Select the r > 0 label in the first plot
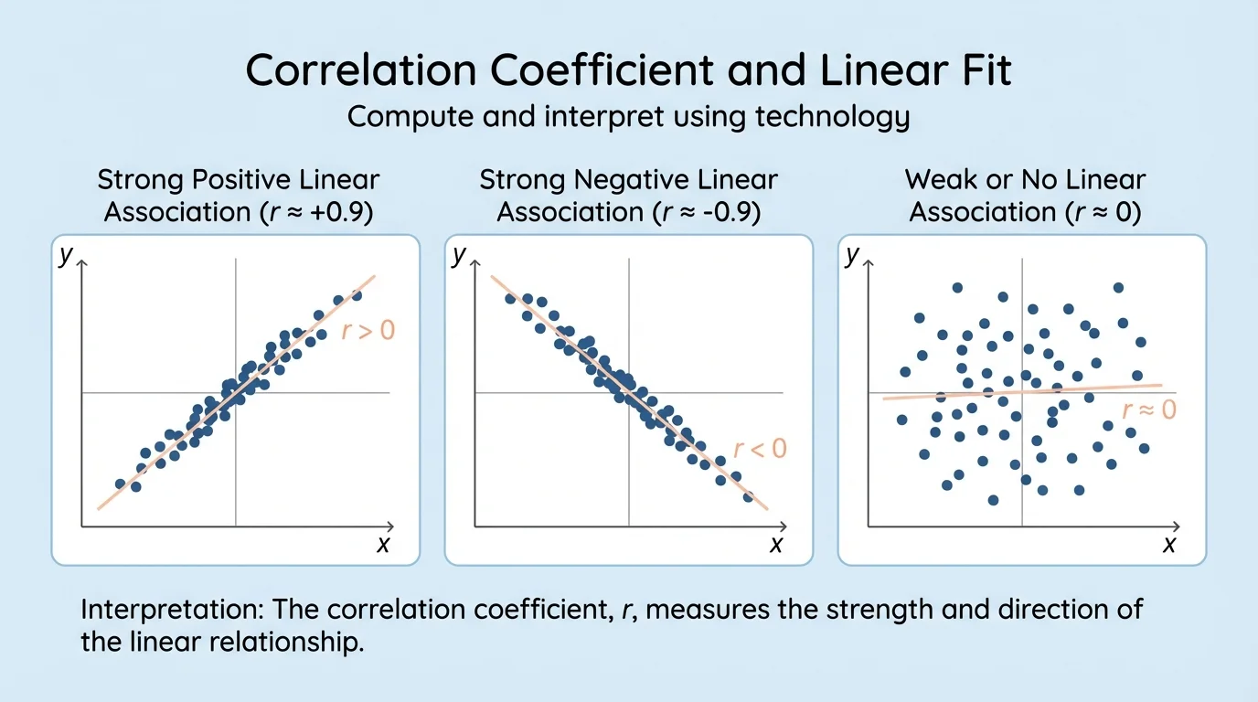[368, 330]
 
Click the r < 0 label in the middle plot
[761, 448]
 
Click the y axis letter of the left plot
[65, 255]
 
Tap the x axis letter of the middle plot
[775, 545]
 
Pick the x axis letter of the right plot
[1168, 545]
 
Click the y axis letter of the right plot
[852, 255]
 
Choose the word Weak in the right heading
[933, 179]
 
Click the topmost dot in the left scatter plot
[357, 295]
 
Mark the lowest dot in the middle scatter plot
[749, 497]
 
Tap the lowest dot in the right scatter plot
[994, 500]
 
